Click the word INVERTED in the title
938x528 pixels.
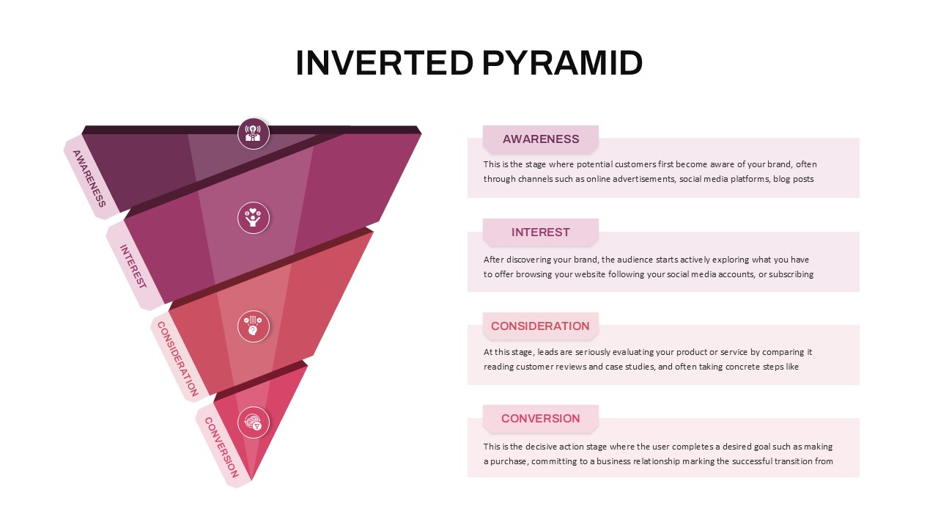click(385, 63)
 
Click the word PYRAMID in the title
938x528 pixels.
click(562, 63)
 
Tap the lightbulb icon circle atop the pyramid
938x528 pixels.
click(254, 133)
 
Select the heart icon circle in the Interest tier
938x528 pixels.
click(254, 218)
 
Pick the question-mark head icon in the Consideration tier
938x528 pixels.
click(254, 326)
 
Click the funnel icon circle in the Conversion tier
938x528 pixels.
click(254, 422)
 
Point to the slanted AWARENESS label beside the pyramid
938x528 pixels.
click(89, 178)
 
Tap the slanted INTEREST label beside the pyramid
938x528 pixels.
click(133, 267)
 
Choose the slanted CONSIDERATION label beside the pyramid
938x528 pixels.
click(177, 359)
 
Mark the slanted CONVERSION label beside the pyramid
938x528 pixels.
click(221, 447)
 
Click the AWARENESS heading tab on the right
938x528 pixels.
click(541, 139)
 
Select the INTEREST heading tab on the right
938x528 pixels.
click(541, 232)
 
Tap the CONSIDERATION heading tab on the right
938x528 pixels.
click(541, 326)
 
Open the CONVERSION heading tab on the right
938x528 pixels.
click(541, 418)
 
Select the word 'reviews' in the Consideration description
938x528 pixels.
click(571, 367)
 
